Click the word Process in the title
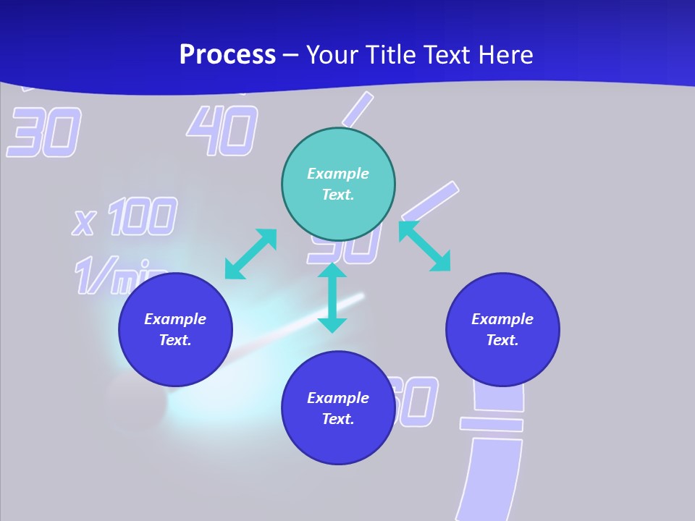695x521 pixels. click(227, 55)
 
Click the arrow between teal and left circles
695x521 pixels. click(250, 254)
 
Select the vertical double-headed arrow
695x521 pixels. click(332, 298)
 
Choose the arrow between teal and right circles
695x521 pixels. click(425, 246)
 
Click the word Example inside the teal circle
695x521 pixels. click(338, 174)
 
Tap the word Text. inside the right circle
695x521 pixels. click(502, 340)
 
